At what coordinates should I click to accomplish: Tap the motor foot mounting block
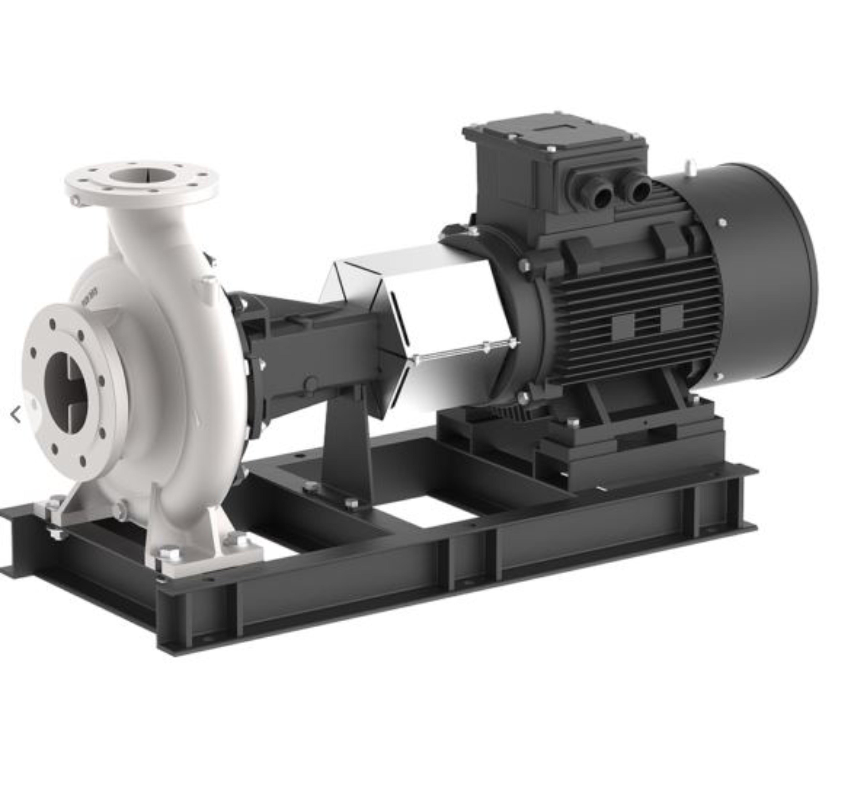[631, 448]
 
